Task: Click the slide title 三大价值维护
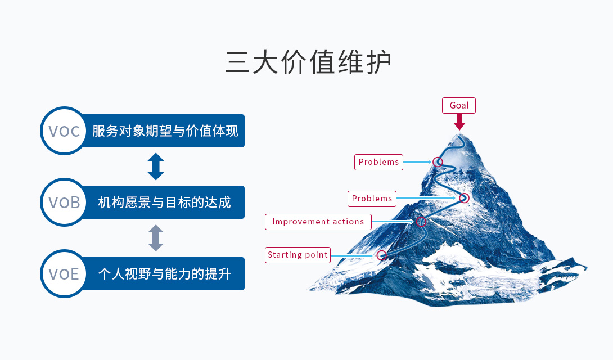[308, 62]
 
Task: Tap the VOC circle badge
[64, 131]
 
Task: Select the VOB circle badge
[64, 202]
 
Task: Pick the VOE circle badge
[64, 274]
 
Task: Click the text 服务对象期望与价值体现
[165, 131]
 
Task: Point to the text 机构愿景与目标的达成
[164, 202]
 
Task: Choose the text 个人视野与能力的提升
[164, 274]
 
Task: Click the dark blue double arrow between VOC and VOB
[156, 166]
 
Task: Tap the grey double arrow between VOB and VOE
[156, 238]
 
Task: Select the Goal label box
[459, 106]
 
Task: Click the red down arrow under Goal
[459, 122]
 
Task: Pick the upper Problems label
[379, 162]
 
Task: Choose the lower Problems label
[372, 199]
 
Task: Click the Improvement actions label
[318, 222]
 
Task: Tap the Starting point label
[298, 255]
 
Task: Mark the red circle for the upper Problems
[438, 162]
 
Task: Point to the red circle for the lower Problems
[464, 198]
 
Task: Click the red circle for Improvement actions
[421, 222]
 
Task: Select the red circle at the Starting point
[382, 255]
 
